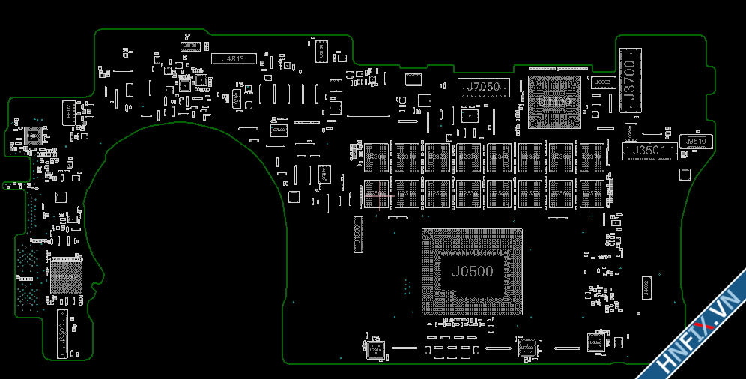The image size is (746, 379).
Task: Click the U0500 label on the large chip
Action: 472,271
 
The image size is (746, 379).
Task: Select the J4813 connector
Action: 234,58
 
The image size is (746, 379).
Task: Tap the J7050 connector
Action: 483,88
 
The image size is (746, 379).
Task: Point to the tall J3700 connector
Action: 630,81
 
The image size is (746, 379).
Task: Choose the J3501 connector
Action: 649,151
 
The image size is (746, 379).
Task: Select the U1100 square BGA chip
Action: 555,100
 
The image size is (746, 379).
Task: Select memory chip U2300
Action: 376,157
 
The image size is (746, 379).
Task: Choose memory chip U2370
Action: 592,157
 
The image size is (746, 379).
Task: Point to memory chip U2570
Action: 592,193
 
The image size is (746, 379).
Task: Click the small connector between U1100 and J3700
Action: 604,82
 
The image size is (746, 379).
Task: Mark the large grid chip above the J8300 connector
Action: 65,275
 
